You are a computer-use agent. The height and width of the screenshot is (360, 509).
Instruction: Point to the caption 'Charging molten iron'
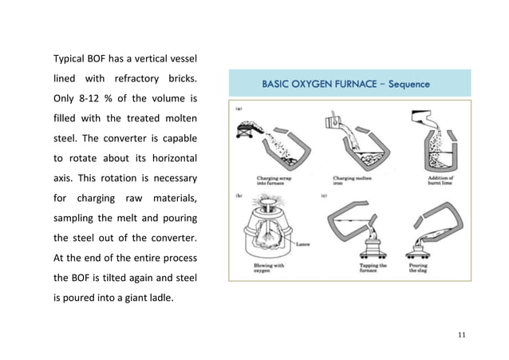click(350, 182)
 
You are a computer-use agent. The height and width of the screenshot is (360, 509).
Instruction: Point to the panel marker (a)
click(239, 105)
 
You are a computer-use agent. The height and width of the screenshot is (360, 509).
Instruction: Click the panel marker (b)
click(239, 194)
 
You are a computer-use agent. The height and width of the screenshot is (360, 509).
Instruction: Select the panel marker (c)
click(323, 194)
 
